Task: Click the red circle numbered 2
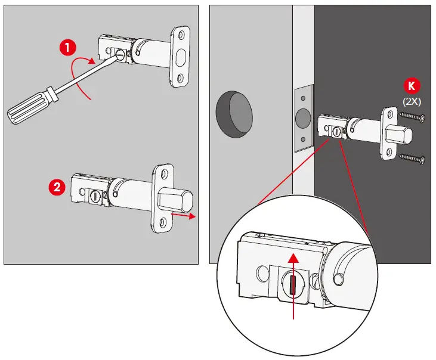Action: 56,188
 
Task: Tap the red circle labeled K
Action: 412,83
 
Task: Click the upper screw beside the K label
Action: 412,117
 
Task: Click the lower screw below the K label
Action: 412,159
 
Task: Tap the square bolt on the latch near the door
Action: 396,136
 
